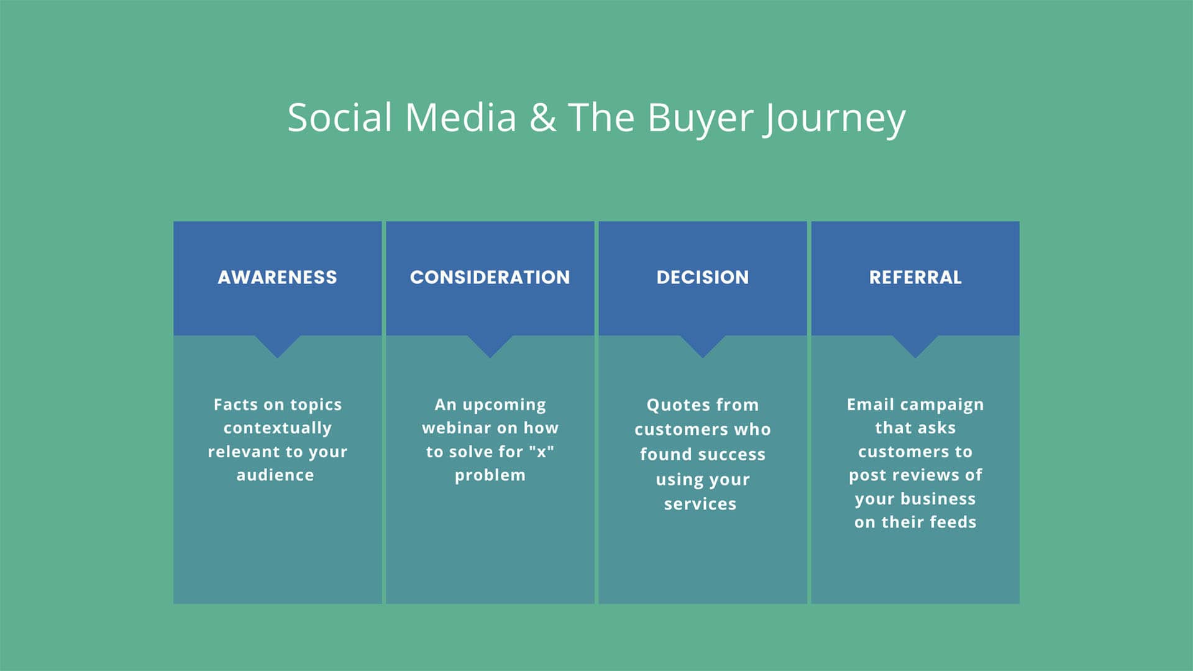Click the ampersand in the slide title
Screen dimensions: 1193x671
(x=543, y=117)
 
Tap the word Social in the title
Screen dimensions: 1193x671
(x=340, y=117)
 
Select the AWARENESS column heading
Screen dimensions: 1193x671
(x=277, y=277)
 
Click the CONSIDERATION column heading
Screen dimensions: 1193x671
(x=490, y=277)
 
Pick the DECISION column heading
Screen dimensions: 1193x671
(x=703, y=277)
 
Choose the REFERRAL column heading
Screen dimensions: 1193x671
(x=915, y=277)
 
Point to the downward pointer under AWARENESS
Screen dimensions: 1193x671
(x=277, y=346)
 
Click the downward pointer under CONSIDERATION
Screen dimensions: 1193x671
(x=490, y=346)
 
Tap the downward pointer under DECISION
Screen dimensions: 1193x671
(x=703, y=346)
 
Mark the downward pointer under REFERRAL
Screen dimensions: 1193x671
(x=915, y=346)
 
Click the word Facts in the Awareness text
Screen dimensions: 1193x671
(x=235, y=404)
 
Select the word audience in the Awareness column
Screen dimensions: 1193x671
(x=275, y=475)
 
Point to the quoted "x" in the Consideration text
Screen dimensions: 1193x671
(x=541, y=452)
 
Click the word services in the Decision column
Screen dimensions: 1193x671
(x=700, y=504)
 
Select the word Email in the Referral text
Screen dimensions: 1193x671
(x=870, y=404)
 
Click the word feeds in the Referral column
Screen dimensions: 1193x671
(x=953, y=522)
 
